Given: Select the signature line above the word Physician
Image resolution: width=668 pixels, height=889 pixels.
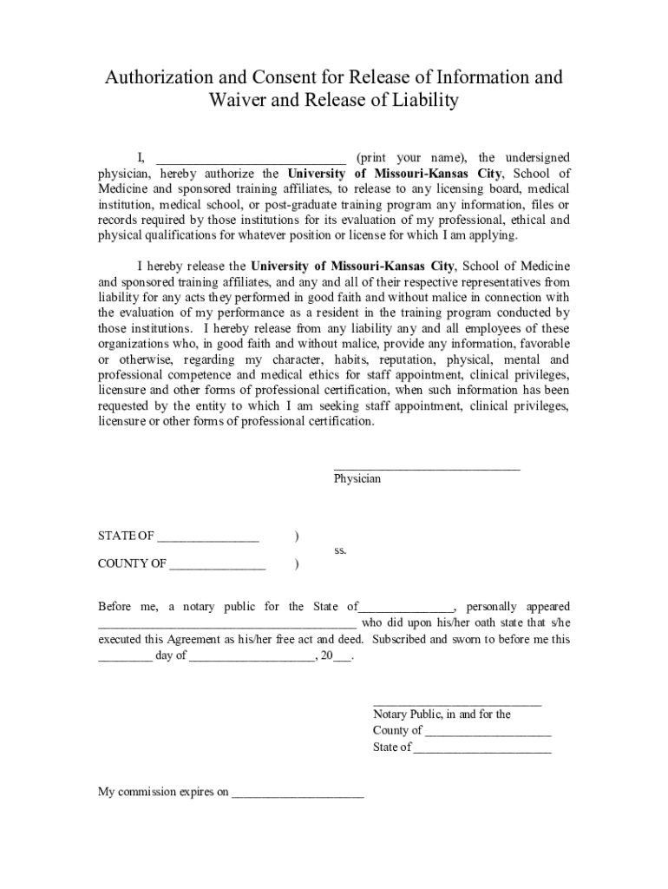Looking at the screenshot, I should pos(427,467).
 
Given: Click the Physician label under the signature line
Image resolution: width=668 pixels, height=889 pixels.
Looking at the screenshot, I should pos(357,478).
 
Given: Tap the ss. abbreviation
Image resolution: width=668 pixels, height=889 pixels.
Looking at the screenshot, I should pos(340,550).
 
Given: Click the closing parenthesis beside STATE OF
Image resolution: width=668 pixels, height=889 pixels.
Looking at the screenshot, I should pos(297,537).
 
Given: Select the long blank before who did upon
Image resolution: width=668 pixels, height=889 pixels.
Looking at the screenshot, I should pos(226,624).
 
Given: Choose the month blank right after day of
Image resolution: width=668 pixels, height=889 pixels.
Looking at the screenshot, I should pos(252,658).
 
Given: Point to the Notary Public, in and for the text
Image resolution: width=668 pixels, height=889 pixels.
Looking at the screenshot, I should pos(442,714).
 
